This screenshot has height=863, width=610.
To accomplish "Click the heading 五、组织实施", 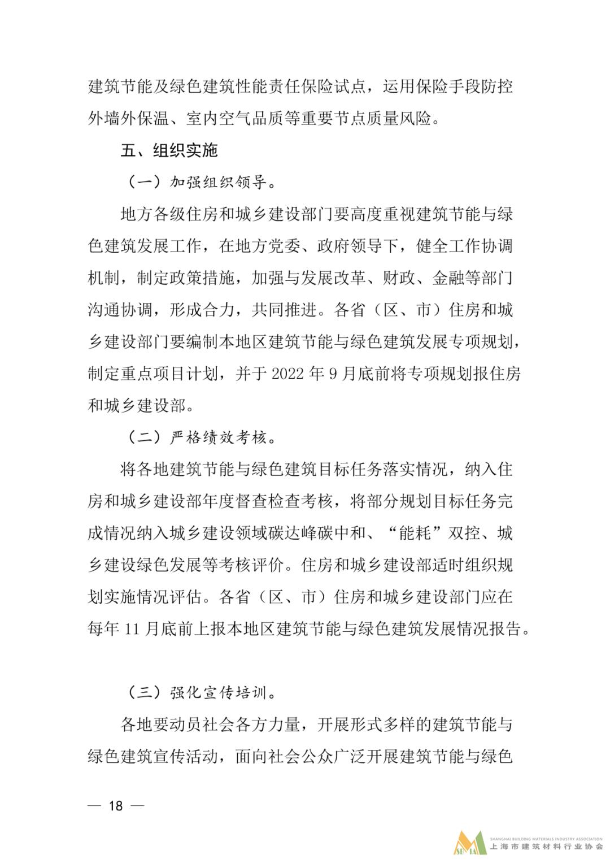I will point(169,150).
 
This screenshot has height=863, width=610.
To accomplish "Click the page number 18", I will point(116,805).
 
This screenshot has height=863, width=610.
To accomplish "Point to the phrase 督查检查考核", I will point(285,501).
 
